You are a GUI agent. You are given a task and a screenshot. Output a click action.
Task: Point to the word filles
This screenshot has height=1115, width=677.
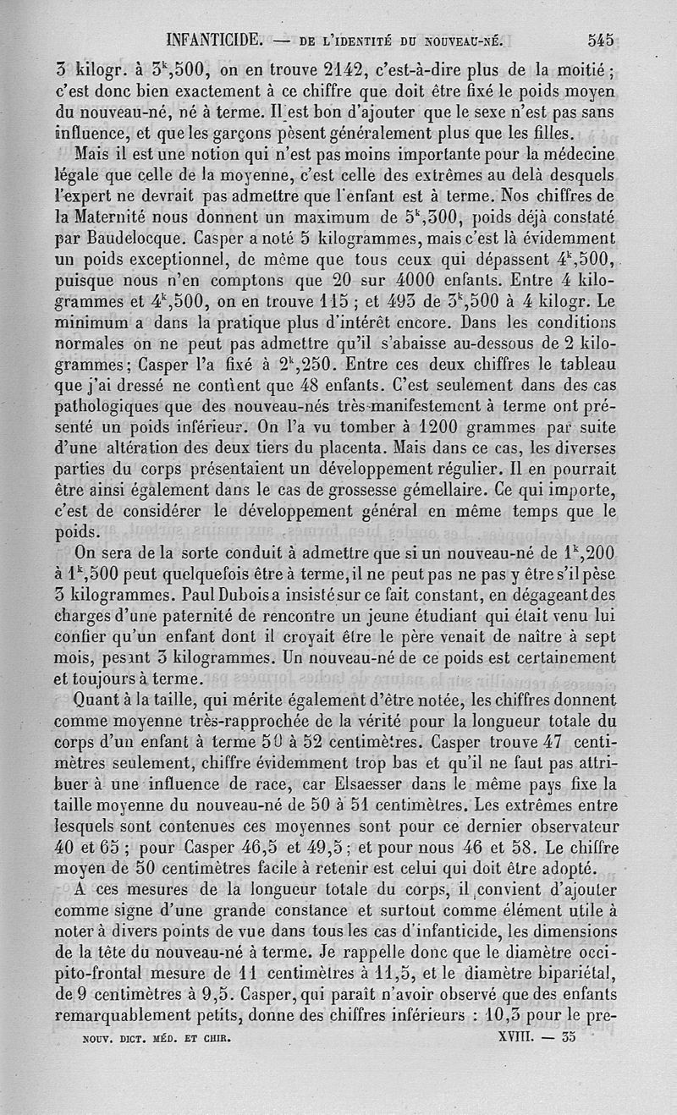point(551,132)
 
